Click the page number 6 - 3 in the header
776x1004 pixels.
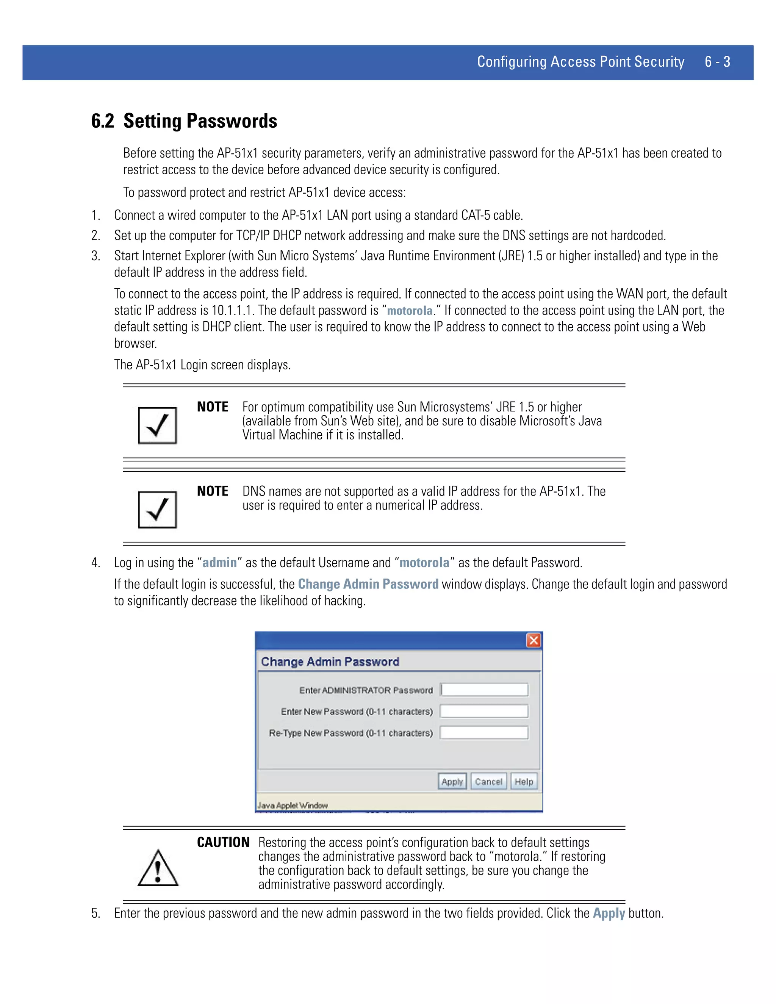tap(717, 62)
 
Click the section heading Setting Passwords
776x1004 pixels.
tap(200, 121)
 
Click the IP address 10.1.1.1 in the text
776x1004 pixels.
tap(233, 311)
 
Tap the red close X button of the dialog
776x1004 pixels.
tap(533, 640)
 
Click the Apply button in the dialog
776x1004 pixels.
tap(452, 782)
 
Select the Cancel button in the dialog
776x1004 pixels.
tap(488, 782)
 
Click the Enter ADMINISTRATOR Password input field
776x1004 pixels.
tap(484, 690)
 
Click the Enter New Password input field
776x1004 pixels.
tap(484, 711)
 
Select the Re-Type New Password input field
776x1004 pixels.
tap(484, 733)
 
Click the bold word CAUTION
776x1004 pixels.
tap(223, 842)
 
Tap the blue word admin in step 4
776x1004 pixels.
tap(219, 563)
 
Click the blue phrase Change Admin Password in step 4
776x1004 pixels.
tap(368, 584)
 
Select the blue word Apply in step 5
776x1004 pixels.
tap(608, 913)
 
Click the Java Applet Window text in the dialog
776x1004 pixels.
tap(293, 805)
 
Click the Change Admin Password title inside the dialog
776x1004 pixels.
tap(330, 662)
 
